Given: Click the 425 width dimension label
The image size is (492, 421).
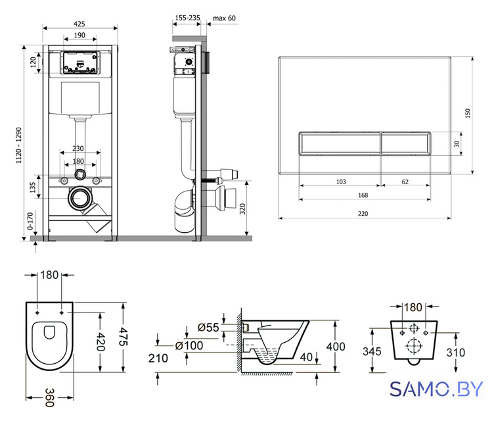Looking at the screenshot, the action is [x=79, y=24].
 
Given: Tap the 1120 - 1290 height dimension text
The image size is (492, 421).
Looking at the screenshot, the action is [x=19, y=145].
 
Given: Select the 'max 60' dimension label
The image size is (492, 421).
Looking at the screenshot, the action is [x=224, y=18].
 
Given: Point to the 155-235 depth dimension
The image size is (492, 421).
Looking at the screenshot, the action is [x=187, y=18].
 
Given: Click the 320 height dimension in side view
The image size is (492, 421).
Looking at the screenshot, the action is [x=242, y=209].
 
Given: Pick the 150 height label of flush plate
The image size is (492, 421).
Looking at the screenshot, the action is [x=468, y=113].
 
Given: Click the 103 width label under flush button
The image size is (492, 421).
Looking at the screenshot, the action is [x=341, y=182].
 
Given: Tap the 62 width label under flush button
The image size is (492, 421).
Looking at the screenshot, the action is [x=405, y=182].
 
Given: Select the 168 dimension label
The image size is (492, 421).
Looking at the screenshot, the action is [x=363, y=195].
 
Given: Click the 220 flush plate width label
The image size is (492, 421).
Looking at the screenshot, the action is [x=363, y=213].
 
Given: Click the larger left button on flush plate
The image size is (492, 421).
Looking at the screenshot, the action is [x=340, y=143].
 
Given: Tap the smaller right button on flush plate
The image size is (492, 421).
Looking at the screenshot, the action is [x=406, y=143].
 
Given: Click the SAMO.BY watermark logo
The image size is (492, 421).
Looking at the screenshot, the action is [x=436, y=389].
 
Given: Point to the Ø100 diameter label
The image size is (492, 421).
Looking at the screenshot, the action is [x=189, y=345].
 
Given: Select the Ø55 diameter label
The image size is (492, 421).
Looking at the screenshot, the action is [x=208, y=328].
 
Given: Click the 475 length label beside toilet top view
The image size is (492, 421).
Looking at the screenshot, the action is [x=123, y=337].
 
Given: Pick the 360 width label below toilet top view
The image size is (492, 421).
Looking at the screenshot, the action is [x=49, y=397].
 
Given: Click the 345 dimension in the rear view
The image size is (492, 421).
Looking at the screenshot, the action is [x=372, y=351].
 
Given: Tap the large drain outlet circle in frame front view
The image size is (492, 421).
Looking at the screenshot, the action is [x=79, y=198].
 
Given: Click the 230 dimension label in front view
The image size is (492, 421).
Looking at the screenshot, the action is [x=78, y=148].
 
